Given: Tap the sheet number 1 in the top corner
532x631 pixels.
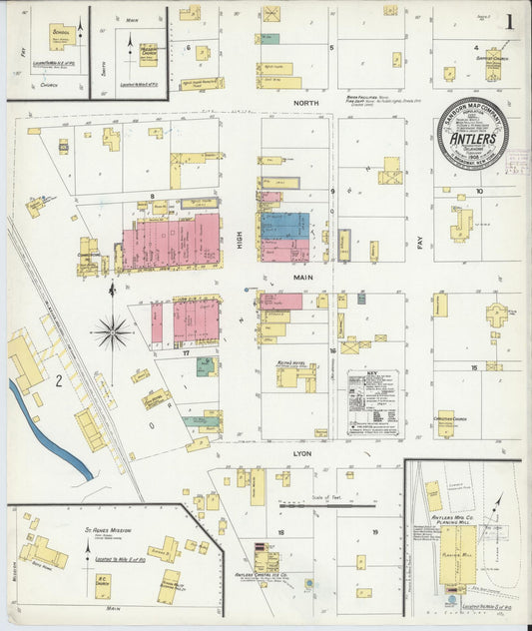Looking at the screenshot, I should pyautogui.click(x=511, y=21).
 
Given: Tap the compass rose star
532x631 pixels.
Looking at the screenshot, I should pyautogui.click(x=112, y=330).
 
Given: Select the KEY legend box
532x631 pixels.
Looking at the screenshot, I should pyautogui.click(x=372, y=402).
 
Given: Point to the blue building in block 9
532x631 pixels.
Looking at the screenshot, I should pyautogui.click(x=284, y=225).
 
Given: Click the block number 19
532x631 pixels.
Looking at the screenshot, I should pyautogui.click(x=374, y=532).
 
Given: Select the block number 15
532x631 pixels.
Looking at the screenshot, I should pyautogui.click(x=476, y=367).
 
